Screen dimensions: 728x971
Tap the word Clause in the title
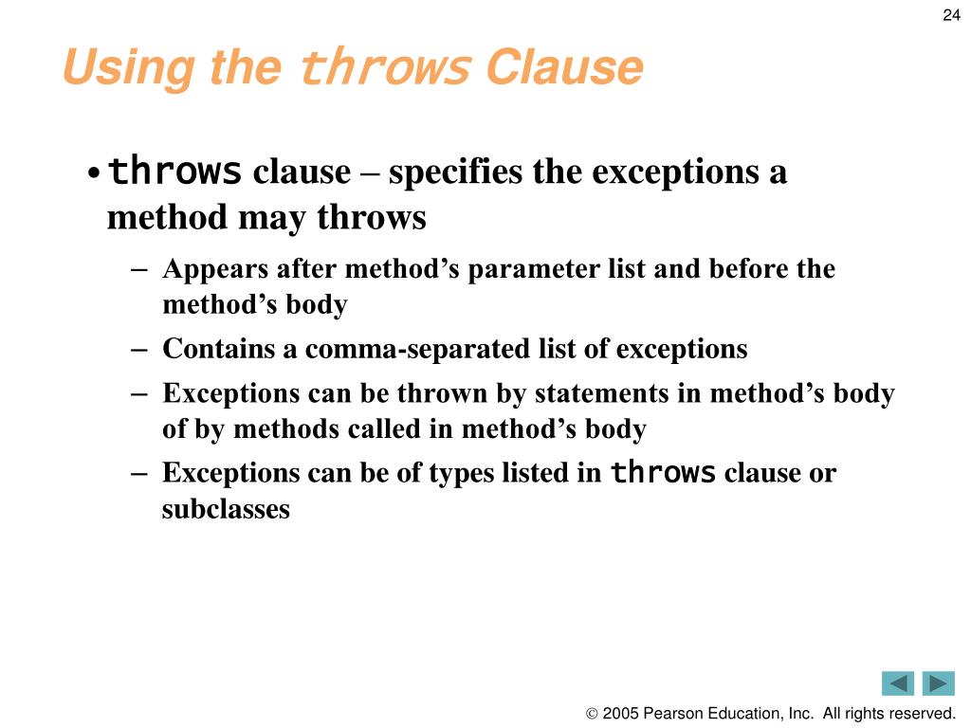[x=564, y=68]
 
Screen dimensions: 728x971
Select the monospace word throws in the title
[x=384, y=69]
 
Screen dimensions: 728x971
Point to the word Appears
[x=216, y=269]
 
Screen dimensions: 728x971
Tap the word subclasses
[x=226, y=509]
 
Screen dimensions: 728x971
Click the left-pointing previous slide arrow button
[x=897, y=682]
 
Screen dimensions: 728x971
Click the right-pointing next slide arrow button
[x=939, y=682]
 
